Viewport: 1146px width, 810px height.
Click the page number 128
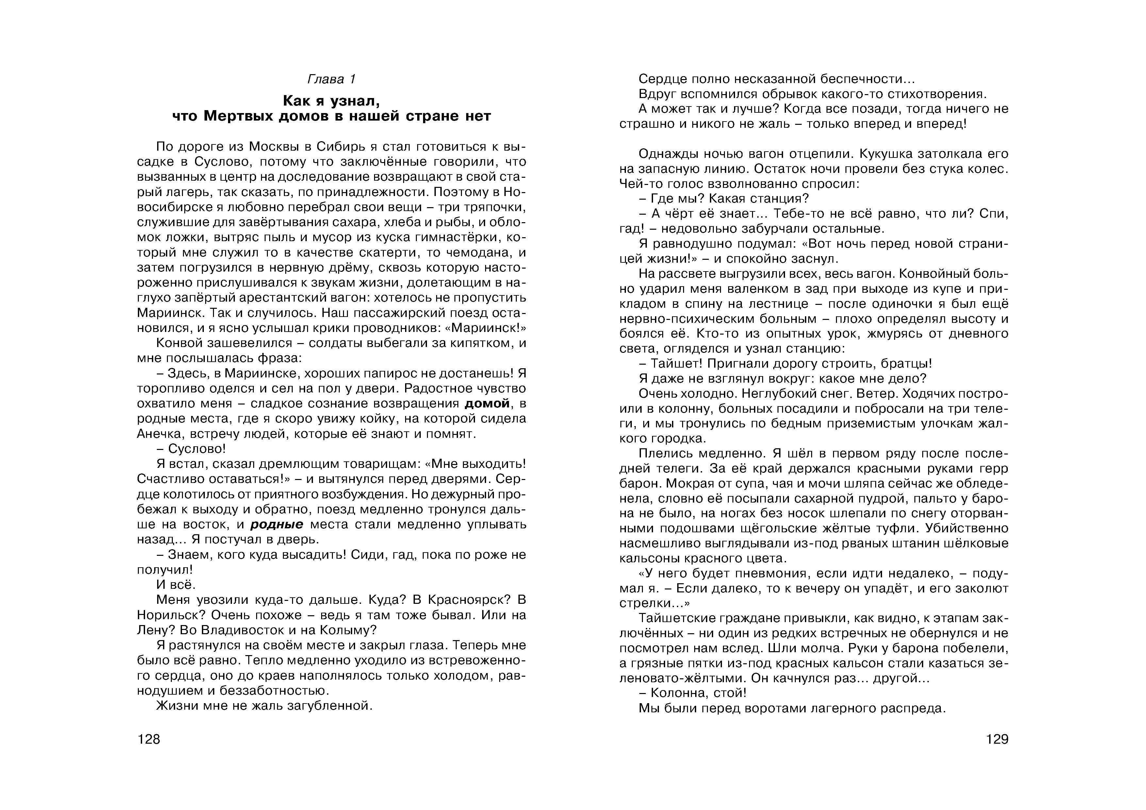(149, 739)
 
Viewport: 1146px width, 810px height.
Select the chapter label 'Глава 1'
(332, 79)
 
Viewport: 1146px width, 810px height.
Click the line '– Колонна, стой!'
(692, 693)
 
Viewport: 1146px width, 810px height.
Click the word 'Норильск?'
(171, 615)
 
